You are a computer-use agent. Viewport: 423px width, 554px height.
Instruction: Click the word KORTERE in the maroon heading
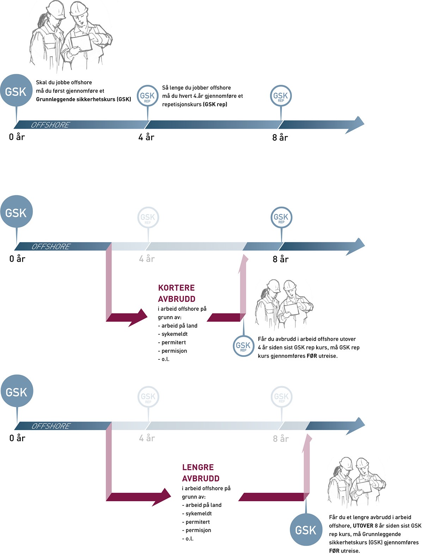[176, 288]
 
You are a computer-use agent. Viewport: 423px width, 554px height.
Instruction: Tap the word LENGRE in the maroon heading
[198, 467]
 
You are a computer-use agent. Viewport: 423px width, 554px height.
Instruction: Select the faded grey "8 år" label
[281, 439]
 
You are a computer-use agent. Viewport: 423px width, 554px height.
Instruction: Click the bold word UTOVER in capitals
[363, 525]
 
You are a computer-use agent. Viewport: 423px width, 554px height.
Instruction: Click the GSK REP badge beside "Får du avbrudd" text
[243, 346]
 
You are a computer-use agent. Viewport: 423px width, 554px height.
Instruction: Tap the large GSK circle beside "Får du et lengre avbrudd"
[305, 530]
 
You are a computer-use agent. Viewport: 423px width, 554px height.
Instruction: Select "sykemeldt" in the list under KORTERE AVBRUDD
[174, 334]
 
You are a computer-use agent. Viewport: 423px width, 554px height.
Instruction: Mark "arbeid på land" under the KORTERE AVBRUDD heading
[179, 326]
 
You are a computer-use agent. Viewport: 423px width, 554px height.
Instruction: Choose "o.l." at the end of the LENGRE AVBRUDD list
[189, 539]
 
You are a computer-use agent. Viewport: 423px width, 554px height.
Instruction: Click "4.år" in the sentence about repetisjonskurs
[198, 96]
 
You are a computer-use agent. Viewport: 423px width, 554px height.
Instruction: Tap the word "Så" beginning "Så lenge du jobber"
[165, 88]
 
